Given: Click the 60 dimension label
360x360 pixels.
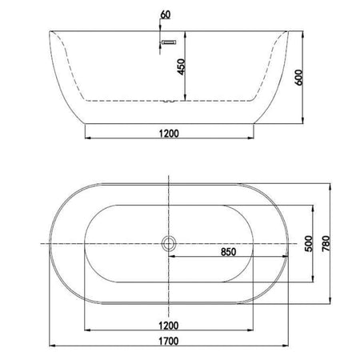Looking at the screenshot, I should click(x=166, y=14).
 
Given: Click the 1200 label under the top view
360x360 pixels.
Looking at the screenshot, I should click(x=168, y=326).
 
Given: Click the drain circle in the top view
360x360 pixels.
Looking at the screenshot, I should click(x=169, y=243).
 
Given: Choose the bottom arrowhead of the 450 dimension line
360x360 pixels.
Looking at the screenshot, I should click(x=186, y=101).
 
